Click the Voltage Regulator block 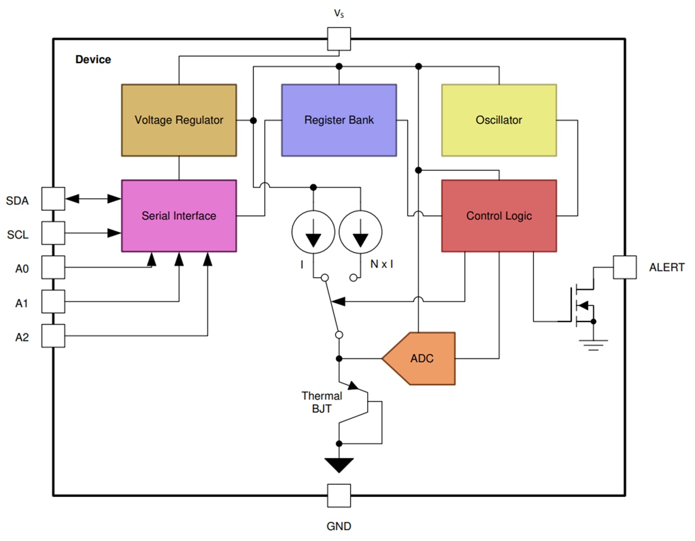(179, 120)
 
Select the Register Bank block (339, 120)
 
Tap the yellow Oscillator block (499, 120)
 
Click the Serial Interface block (179, 216)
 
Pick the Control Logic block (499, 216)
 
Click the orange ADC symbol (420, 359)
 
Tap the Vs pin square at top (339, 39)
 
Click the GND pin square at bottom (339, 496)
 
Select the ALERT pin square (625, 267)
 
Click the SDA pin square (53, 199)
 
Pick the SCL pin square (53, 233)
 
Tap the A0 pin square (53, 267)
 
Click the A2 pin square (53, 336)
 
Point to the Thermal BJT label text (322, 402)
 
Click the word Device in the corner (93, 59)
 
